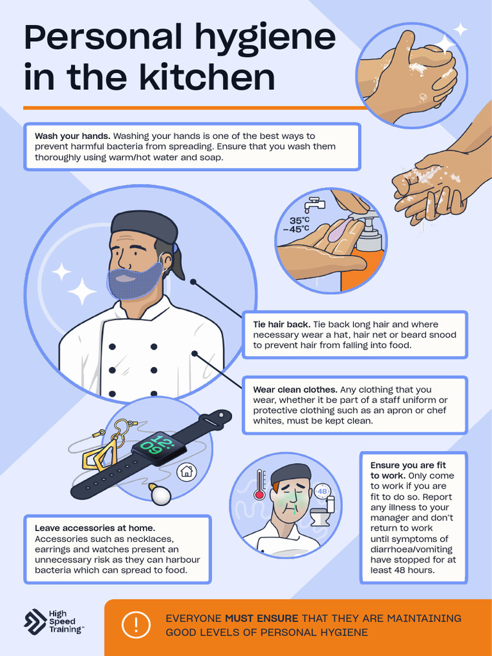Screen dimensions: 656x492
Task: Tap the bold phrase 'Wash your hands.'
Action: click(72, 136)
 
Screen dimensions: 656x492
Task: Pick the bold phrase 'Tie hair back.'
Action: click(281, 325)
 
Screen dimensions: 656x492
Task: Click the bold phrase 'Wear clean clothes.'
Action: click(295, 389)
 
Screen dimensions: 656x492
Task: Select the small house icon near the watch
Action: click(186, 472)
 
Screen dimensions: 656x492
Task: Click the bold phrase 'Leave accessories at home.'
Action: click(95, 529)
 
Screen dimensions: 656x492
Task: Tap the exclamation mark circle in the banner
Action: click(136, 625)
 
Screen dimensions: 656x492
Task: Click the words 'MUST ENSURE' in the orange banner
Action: click(261, 618)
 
